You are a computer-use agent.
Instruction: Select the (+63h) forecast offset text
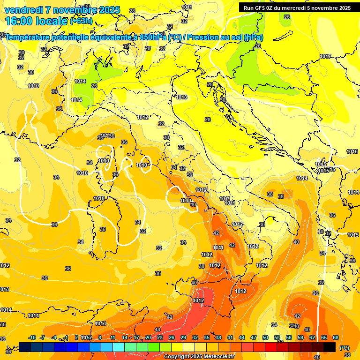[x=81, y=21]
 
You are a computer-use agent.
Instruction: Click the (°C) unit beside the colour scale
[x=344, y=348]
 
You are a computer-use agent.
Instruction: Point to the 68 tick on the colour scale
[x=336, y=337]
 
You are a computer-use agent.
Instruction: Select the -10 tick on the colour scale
[x=32, y=337]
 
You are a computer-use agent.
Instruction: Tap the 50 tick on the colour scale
[x=265, y=337]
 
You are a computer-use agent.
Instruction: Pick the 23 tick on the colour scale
[x=159, y=337]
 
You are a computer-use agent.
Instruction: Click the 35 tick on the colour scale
[x=207, y=337]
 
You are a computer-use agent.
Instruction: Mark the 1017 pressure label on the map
[x=326, y=56]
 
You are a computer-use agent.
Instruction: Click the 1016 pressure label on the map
[x=352, y=151]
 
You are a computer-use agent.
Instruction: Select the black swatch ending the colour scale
[x=330, y=347]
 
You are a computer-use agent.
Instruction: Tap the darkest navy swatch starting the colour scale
[x=25, y=347]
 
